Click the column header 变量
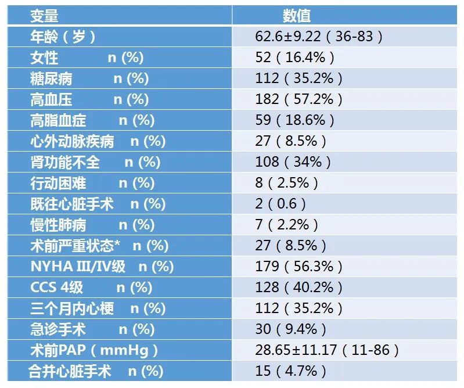pyautogui.click(x=45, y=16)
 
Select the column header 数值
pyautogui.click(x=297, y=16)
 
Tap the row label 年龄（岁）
pyautogui.click(x=63, y=37)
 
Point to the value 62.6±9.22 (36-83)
pyautogui.click(x=319, y=37)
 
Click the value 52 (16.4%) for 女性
pyautogui.click(x=294, y=58)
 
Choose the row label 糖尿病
pyautogui.click(x=52, y=78)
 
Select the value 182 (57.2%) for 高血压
pyautogui.click(x=298, y=99)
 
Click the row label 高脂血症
pyautogui.click(x=59, y=120)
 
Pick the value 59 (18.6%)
pyautogui.click(x=294, y=120)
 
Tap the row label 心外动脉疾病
pyautogui.click(x=73, y=141)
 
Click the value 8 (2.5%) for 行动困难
pyautogui.click(x=287, y=183)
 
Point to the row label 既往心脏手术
pyautogui.click(x=73, y=204)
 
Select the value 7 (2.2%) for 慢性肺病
pyautogui.click(x=287, y=225)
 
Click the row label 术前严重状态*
pyautogui.click(x=76, y=246)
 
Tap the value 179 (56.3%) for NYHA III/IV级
pyautogui.click(x=298, y=267)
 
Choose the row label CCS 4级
pyautogui.click(x=57, y=288)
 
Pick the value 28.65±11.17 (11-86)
pyautogui.click(x=327, y=350)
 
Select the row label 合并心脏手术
pyautogui.click(x=70, y=371)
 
